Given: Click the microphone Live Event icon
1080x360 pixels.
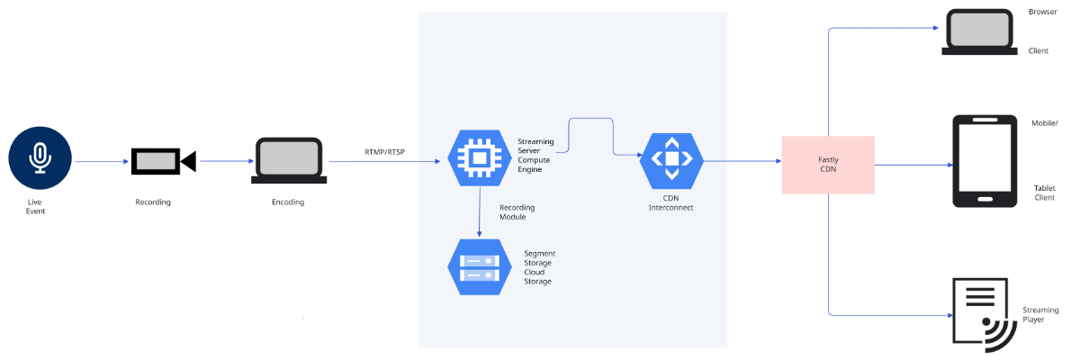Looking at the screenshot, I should pos(40,157).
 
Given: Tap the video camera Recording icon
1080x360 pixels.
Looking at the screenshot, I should pos(163,161).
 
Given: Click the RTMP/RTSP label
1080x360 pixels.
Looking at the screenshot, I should pos(384,152).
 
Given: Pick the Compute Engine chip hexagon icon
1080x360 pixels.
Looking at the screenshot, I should pos(481,158).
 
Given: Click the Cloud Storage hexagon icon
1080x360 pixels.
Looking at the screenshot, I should pos(481,267).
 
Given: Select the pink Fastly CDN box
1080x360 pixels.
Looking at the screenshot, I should pos(828,165).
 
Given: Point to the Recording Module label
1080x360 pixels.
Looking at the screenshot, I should pos(518,211).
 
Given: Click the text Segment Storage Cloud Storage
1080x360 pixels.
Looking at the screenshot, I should pos(540,267).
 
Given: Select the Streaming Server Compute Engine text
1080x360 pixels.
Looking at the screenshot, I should pos(536,155).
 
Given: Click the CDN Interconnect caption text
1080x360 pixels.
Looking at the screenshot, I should pos(671,202).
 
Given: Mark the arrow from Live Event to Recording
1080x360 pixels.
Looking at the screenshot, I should pos(101,162).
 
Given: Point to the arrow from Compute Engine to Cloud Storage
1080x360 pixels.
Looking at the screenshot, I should pos(481,212).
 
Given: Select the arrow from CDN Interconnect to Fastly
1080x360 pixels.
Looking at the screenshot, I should pos(742,162).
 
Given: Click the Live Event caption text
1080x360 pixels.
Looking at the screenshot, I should pos(36,206).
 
